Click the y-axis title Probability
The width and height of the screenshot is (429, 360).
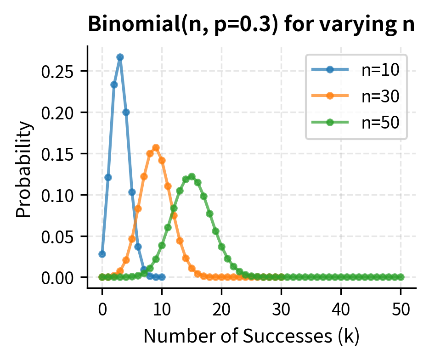click(x=25, y=169)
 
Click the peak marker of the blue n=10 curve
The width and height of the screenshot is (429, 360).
click(x=120, y=57)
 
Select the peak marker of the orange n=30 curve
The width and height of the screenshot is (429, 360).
click(x=156, y=147)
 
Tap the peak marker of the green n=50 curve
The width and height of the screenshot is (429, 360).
click(x=192, y=176)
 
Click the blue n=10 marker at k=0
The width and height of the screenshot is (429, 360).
click(x=102, y=254)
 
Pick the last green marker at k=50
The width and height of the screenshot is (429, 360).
click(x=401, y=277)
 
